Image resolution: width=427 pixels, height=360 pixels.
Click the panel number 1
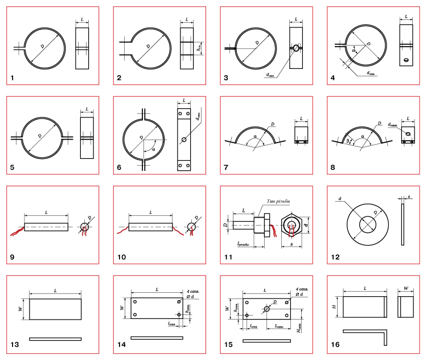(x=12, y=76)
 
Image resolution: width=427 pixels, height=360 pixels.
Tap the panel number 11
(x=227, y=257)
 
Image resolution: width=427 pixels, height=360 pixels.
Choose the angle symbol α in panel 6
(x=152, y=149)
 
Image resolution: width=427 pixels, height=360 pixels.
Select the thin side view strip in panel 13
(x=55, y=339)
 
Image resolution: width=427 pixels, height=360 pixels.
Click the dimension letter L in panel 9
(x=46, y=211)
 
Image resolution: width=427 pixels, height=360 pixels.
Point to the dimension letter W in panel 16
(x=406, y=288)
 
